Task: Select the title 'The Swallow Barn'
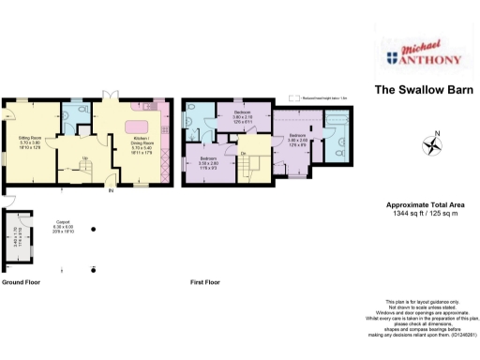[418, 90]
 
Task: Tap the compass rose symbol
[432, 145]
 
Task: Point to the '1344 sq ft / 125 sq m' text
[425, 212]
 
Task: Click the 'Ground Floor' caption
[22, 281]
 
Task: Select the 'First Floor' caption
[205, 281]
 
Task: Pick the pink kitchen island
[138, 127]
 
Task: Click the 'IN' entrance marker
[110, 191]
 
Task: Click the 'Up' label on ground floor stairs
[85, 157]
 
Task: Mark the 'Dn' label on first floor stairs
[243, 154]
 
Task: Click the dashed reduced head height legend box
[294, 96]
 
